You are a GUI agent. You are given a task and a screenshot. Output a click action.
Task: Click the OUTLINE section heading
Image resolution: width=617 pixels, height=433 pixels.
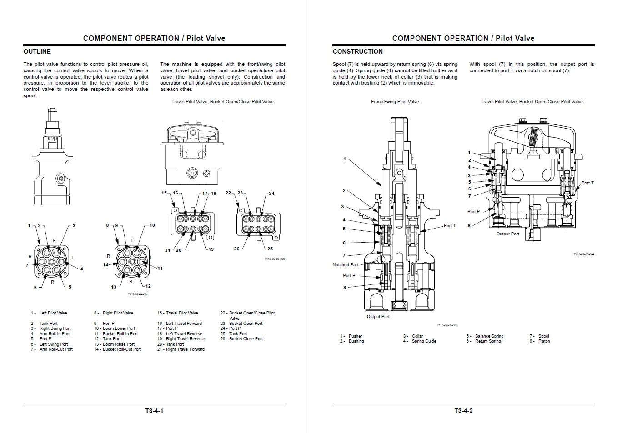tap(37, 51)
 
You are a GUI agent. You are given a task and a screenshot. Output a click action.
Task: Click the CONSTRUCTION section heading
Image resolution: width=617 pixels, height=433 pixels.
tap(357, 51)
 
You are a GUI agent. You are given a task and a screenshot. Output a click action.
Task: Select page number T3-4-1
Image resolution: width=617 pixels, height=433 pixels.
tap(154, 411)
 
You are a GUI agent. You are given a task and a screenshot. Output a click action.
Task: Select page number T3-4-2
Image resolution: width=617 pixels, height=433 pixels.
tap(463, 411)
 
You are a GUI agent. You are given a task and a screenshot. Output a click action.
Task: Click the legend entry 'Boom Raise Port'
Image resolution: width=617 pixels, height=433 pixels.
tap(119, 344)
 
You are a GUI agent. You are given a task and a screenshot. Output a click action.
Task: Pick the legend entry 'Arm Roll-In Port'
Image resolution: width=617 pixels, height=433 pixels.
tap(55, 334)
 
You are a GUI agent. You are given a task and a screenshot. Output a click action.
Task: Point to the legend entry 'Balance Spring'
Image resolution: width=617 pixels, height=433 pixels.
tap(489, 336)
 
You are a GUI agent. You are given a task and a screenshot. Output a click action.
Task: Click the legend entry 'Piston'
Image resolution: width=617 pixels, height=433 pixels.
tap(544, 341)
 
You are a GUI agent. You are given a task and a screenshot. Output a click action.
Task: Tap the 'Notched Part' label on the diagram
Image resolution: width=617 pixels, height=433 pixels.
tap(346, 265)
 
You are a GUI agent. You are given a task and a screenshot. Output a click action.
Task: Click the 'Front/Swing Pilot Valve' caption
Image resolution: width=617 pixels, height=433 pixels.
tap(395, 102)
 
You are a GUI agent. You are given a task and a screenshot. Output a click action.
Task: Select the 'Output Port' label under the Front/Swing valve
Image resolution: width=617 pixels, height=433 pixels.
tap(378, 317)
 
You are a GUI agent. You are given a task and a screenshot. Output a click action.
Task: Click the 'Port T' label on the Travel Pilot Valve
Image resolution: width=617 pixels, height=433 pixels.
tap(587, 183)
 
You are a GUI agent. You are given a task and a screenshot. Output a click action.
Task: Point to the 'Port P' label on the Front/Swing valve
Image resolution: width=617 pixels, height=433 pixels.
tap(349, 276)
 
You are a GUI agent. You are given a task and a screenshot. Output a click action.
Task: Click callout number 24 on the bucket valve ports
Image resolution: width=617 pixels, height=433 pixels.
tap(271, 194)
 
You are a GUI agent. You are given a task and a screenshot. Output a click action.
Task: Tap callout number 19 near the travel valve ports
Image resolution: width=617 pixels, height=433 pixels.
tap(211, 249)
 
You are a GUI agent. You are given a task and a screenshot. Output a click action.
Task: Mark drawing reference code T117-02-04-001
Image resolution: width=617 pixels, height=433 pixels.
tap(138, 294)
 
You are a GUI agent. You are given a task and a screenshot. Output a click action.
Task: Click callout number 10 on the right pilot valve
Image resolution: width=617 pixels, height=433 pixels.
tap(152, 225)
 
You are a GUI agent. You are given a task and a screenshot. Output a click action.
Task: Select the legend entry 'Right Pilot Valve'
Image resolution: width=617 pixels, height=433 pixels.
tap(118, 313)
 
